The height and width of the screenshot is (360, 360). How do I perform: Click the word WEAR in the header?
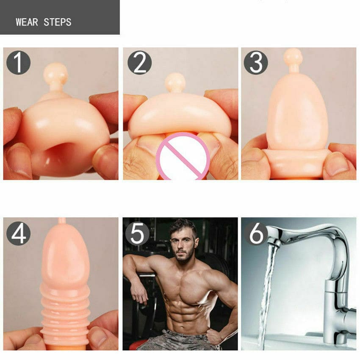(x=27, y=22)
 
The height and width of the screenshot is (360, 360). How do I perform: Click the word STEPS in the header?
(x=58, y=22)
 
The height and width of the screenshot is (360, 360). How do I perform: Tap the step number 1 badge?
(x=18, y=62)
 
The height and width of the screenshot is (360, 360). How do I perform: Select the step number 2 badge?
(x=140, y=62)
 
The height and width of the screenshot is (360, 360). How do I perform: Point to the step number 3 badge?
(x=256, y=62)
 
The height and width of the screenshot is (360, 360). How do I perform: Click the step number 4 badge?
(x=18, y=234)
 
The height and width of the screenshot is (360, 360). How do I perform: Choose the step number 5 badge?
(x=137, y=233)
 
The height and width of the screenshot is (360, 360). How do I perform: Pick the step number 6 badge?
(x=256, y=233)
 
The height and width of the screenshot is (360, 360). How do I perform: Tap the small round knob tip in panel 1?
(x=55, y=73)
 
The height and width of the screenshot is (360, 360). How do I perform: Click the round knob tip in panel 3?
(x=293, y=57)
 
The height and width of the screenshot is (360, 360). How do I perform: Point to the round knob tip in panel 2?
(x=175, y=82)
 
